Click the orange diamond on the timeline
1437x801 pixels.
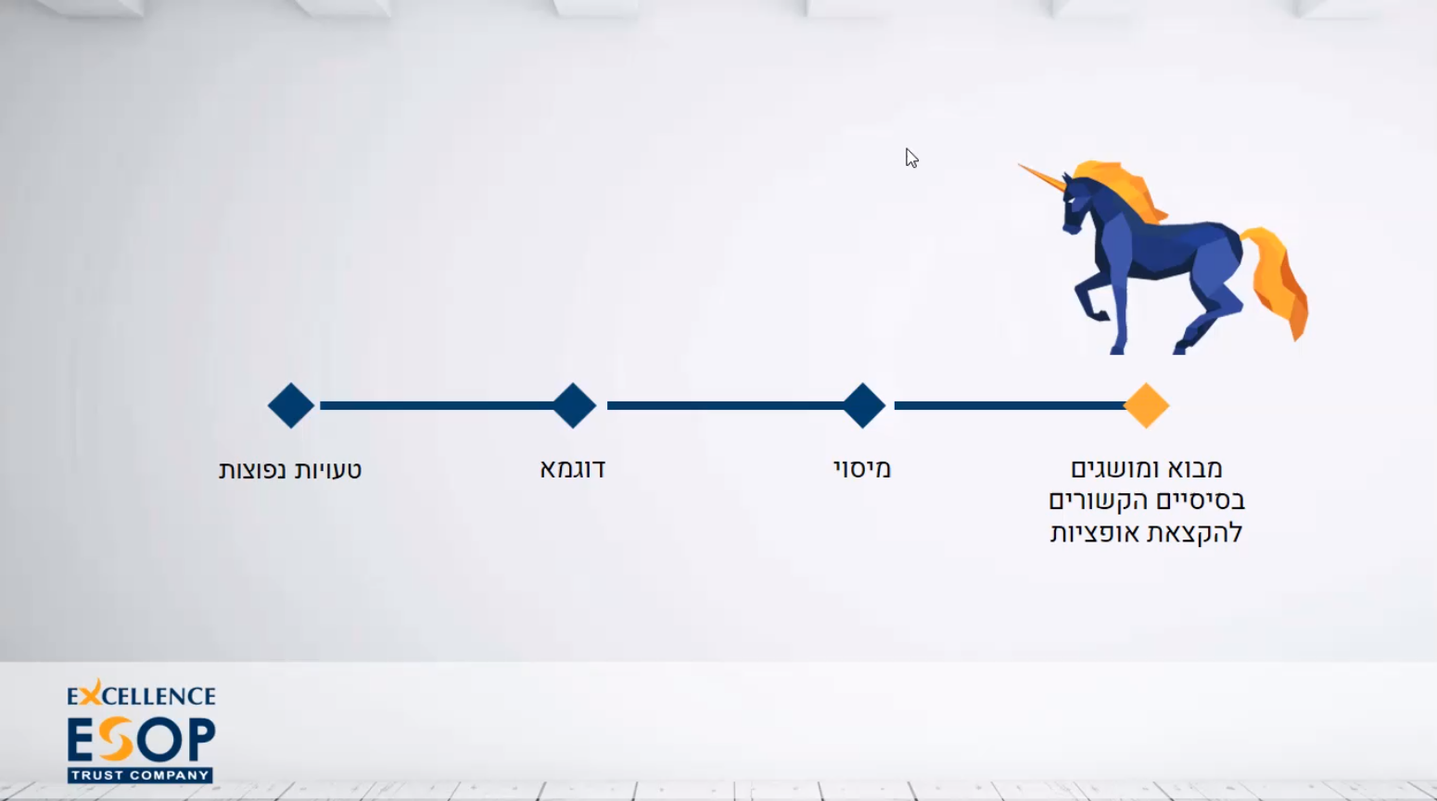pyautogui.click(x=1147, y=405)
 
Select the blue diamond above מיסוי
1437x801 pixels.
pyautogui.click(x=863, y=405)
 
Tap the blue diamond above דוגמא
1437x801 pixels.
pyautogui.click(x=574, y=405)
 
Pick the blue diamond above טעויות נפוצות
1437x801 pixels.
pyautogui.click(x=290, y=405)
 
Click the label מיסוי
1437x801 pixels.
pyautogui.click(x=862, y=469)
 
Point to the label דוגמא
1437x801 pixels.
pyautogui.click(x=572, y=469)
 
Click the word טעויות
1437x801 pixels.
pyautogui.click(x=325, y=470)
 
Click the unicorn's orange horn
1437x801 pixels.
pyautogui.click(x=1041, y=177)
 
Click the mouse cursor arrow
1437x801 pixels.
pyautogui.click(x=911, y=157)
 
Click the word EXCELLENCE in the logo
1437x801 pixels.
pyautogui.click(x=141, y=694)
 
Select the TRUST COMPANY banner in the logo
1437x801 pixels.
pyautogui.click(x=140, y=775)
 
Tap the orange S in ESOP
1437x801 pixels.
pyautogui.click(x=117, y=740)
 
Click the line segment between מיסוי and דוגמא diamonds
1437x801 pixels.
pyautogui.click(x=725, y=405)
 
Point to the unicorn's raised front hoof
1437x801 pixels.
pyautogui.click(x=1100, y=315)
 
